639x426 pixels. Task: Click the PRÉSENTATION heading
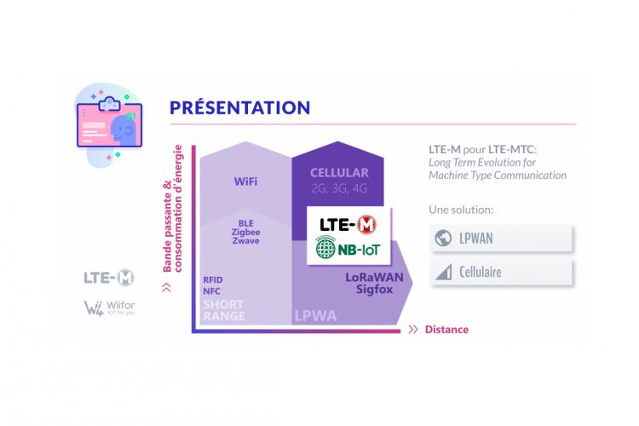click(x=239, y=107)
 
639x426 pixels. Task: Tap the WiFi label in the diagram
click(x=245, y=181)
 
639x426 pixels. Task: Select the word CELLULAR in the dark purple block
click(x=339, y=173)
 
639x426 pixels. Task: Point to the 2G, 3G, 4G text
click(x=339, y=188)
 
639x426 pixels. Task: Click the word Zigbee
click(x=245, y=232)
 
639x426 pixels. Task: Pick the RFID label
click(x=213, y=280)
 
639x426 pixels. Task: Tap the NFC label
click(x=211, y=291)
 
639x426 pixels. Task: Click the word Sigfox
click(x=374, y=290)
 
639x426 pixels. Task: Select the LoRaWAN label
click(x=374, y=277)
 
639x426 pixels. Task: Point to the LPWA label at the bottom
click(x=315, y=315)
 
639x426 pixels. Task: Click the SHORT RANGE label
click(x=224, y=310)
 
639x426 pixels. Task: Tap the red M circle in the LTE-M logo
click(x=366, y=224)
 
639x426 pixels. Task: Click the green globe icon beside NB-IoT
click(x=325, y=247)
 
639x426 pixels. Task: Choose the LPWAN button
click(x=501, y=238)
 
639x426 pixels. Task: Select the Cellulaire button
click(x=501, y=272)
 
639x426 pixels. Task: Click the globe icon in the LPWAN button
click(x=443, y=239)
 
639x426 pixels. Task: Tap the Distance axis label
click(x=446, y=330)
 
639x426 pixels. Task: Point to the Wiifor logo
click(x=109, y=308)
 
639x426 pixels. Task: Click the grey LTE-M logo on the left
click(x=109, y=278)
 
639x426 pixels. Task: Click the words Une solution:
click(x=461, y=210)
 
